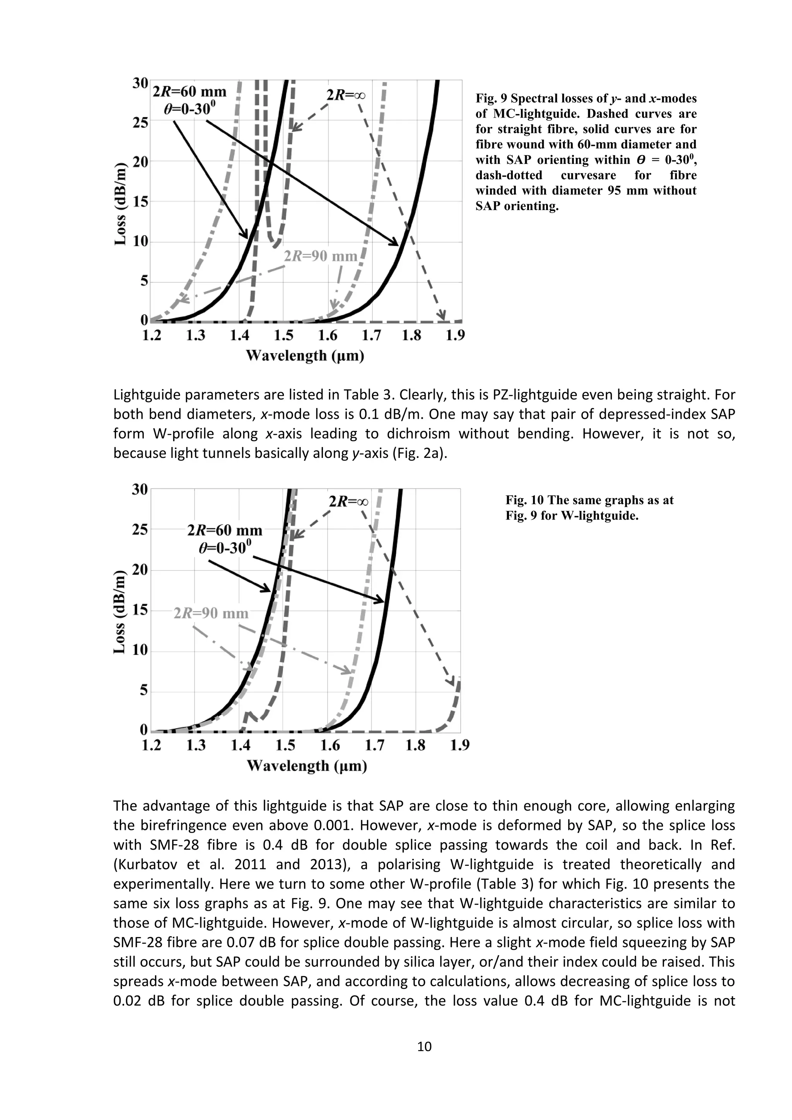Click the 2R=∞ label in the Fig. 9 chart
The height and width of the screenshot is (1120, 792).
(346, 95)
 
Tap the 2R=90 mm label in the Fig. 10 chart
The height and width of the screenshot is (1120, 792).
(211, 613)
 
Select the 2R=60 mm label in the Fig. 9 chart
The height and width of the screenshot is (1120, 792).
(190, 92)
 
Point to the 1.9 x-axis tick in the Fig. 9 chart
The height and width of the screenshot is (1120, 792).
(455, 336)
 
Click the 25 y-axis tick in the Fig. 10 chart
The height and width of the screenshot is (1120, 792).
(140, 529)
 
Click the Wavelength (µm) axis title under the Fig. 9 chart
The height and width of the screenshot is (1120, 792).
(305, 356)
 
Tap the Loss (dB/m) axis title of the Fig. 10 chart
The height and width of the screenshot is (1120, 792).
(120, 612)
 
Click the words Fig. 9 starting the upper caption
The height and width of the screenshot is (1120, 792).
(491, 99)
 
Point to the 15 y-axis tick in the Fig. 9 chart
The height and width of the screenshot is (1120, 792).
(140, 202)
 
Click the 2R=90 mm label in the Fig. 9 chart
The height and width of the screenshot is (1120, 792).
(321, 256)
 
